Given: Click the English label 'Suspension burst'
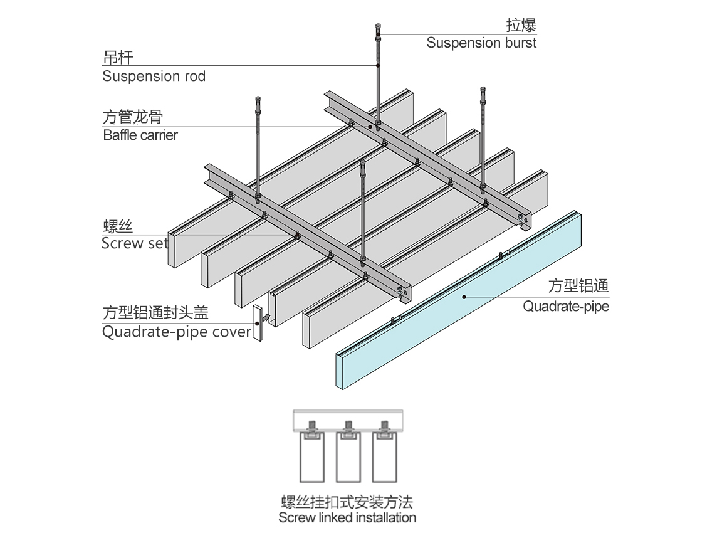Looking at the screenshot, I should [481, 43].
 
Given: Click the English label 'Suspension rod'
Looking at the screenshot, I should [154, 77].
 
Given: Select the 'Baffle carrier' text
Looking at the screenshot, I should [140, 135].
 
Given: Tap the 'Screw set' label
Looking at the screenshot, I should [135, 243].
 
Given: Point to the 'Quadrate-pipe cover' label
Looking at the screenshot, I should [176, 332].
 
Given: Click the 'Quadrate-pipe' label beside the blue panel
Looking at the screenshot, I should [566, 307].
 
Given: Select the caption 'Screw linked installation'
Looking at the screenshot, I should [347, 518].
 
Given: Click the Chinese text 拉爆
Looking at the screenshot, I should [521, 25].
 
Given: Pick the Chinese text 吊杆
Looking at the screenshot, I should [117, 58].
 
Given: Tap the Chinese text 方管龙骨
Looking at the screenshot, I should [133, 117].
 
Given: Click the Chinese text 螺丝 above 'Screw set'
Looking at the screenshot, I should [117, 226].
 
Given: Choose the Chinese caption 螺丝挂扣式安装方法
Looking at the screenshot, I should [347, 502].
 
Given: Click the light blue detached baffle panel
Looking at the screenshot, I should [464, 301].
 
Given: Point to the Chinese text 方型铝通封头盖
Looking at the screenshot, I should [155, 313].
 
